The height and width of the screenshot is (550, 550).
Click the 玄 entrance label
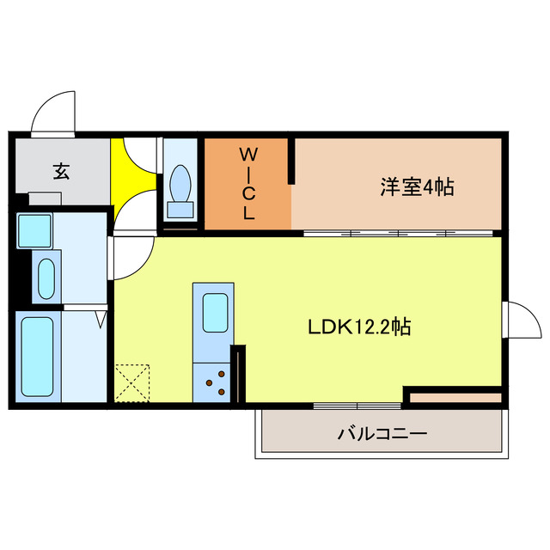62,171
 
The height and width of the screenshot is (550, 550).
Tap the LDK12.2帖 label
358,327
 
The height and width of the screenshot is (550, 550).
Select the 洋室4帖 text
417,186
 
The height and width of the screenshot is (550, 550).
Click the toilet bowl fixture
180,188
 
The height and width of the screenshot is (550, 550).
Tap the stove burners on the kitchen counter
217,382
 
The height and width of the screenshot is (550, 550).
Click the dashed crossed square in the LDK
132,382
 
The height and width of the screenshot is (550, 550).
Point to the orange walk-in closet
247,184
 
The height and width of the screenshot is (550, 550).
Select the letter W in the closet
247,155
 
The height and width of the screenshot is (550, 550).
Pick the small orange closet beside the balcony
453,397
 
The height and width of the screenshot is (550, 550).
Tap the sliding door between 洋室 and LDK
400,233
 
